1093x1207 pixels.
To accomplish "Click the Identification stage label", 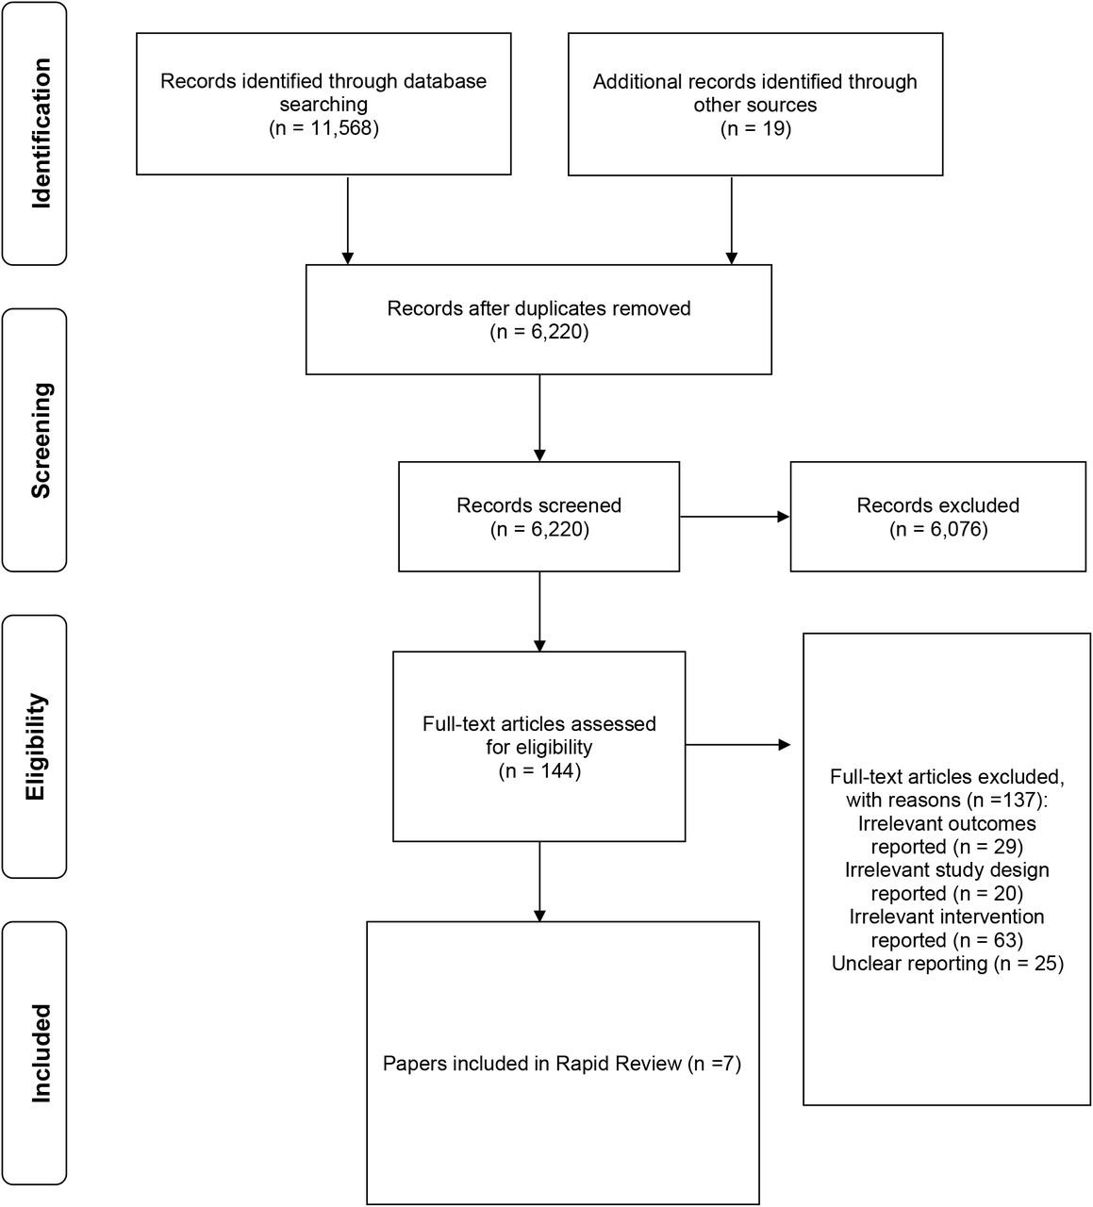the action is click(41, 134).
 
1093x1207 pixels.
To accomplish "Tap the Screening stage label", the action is click(41, 440).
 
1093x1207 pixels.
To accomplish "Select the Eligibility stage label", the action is click(36, 747).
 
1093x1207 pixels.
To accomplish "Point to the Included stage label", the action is click(41, 1053).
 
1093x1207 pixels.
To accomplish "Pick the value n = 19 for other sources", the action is click(755, 128).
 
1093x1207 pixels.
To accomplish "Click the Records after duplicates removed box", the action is click(538, 320).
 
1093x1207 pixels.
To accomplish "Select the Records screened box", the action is click(538, 516).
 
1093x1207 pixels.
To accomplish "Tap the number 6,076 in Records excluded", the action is click(957, 529).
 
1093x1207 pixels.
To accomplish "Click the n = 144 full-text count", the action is click(539, 770).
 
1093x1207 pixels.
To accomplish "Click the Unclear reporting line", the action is click(948, 964).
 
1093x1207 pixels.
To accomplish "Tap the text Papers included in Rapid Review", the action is click(532, 1063).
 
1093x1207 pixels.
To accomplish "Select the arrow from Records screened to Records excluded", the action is click(735, 516).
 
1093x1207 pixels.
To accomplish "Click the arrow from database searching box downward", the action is click(347, 220).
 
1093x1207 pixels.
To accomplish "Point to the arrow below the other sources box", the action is click(731, 221).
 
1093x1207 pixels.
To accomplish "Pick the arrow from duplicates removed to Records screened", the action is click(539, 418).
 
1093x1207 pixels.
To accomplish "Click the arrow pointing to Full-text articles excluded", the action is click(737, 745).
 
